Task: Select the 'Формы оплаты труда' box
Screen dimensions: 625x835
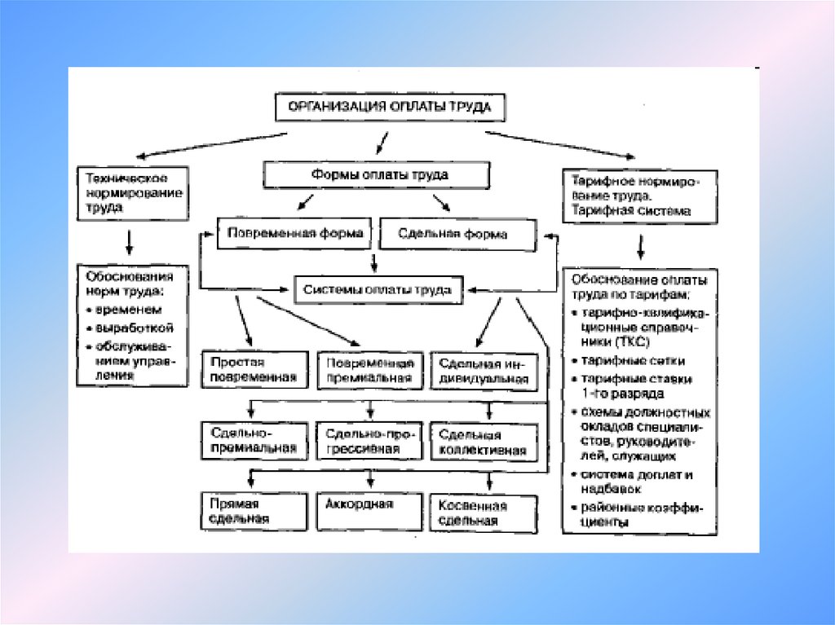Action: tap(376, 175)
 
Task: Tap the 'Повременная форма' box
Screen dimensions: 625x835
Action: tap(294, 233)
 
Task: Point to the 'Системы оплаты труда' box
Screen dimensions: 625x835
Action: tap(376, 289)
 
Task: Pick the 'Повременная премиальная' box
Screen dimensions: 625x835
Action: tap(370, 370)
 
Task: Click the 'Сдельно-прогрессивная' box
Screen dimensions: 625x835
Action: tap(370, 441)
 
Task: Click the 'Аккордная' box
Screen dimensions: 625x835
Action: tap(370, 504)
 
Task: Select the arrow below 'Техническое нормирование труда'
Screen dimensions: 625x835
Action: tap(129, 241)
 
